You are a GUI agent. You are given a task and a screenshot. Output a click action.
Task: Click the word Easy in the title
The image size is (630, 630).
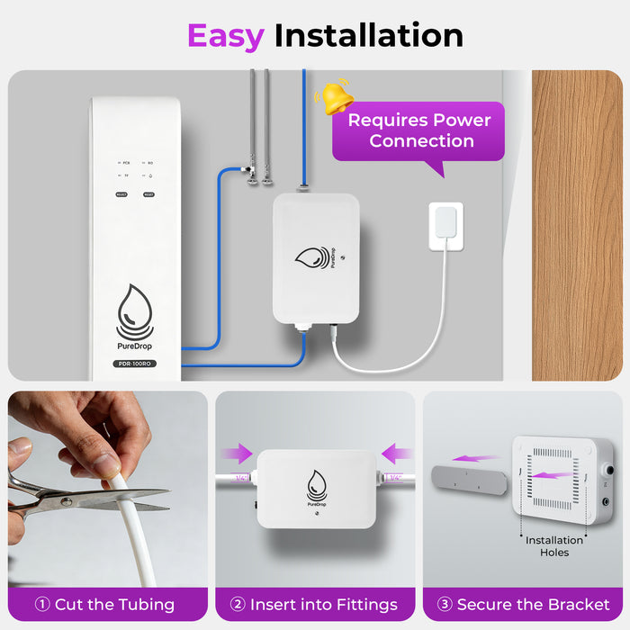point(225,35)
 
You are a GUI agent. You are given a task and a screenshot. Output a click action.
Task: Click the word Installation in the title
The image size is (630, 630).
point(368,35)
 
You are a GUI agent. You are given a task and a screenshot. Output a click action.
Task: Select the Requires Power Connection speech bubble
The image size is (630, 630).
point(420,130)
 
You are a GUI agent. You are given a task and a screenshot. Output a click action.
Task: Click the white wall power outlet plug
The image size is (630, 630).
point(446,221)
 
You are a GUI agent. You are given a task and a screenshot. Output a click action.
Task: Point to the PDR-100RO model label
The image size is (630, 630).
point(135,364)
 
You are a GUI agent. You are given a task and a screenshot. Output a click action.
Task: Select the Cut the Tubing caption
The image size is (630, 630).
point(104,605)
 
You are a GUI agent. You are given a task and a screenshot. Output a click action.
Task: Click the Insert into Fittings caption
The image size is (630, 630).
point(314,605)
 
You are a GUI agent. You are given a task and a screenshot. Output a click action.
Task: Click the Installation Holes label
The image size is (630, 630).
point(554,546)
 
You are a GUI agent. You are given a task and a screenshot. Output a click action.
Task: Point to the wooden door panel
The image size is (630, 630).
point(576,225)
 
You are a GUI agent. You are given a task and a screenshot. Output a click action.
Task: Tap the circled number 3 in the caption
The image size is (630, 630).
point(444,605)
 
